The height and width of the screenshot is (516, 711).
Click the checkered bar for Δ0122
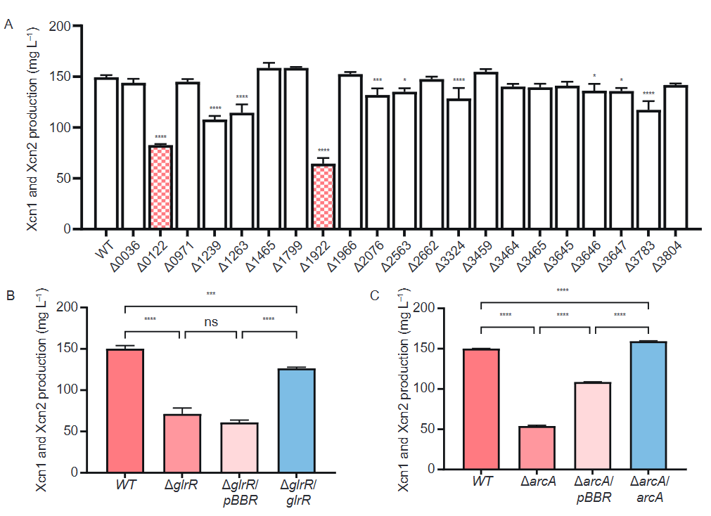[x=160, y=187]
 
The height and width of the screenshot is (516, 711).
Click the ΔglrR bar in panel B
[x=182, y=443]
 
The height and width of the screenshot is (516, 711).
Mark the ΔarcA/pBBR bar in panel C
[x=592, y=426]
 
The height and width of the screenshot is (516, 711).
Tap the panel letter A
[x=9, y=25]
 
